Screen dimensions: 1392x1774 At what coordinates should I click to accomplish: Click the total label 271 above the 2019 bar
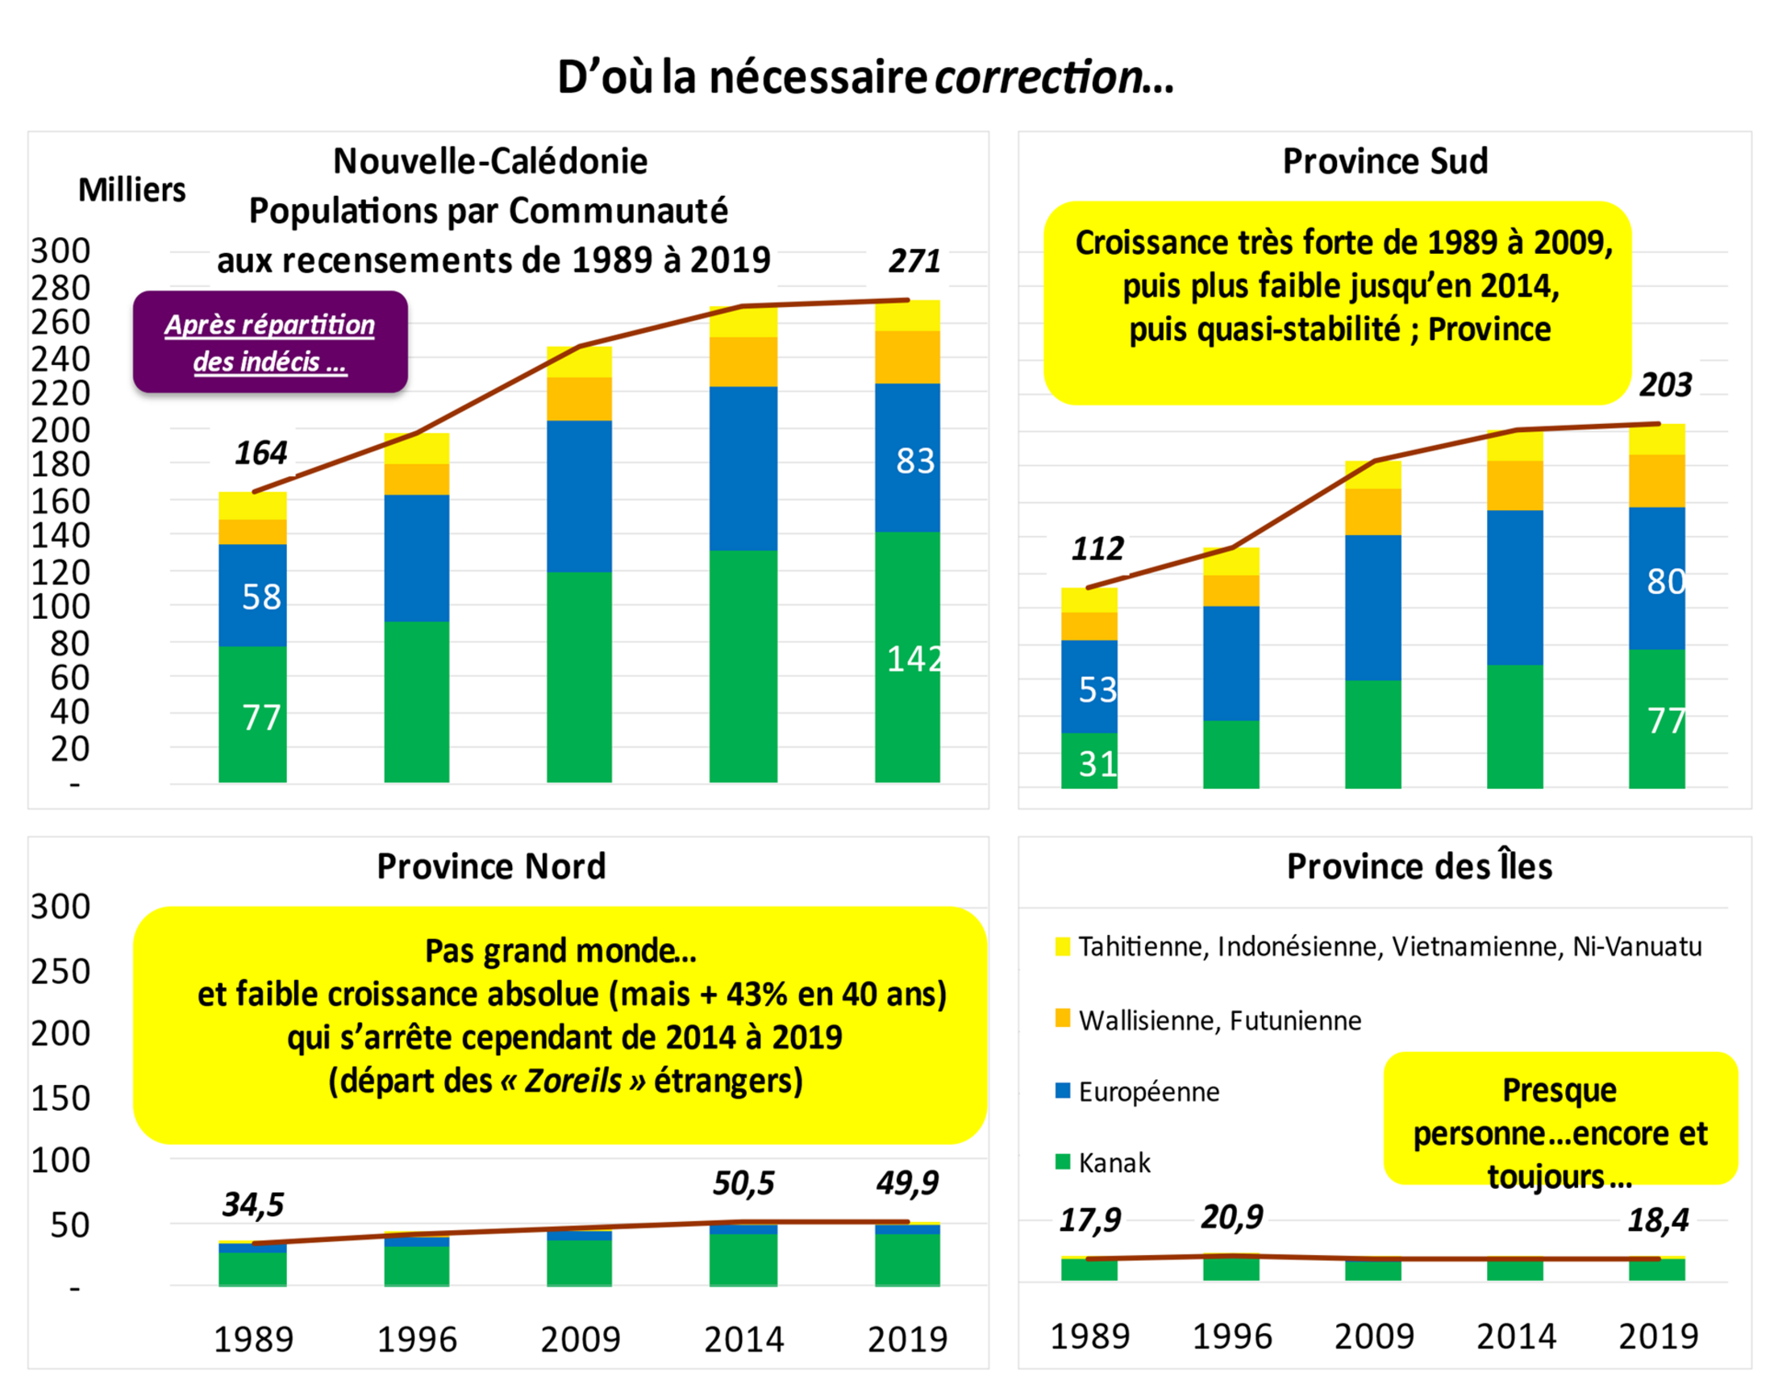coord(914,261)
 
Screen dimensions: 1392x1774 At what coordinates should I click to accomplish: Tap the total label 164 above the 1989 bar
coord(261,452)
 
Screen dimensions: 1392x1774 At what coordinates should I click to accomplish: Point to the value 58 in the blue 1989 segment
coord(261,596)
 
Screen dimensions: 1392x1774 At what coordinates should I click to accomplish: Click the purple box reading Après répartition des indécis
coord(270,343)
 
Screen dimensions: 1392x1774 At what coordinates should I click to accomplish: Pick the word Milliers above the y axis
coord(131,190)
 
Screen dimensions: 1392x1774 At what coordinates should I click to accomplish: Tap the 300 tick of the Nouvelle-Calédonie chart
coord(60,250)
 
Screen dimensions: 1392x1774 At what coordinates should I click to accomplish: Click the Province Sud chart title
coord(1385,160)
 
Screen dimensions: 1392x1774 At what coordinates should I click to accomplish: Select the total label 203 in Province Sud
coord(1665,384)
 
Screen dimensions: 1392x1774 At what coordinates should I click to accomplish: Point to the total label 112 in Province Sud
coord(1097,548)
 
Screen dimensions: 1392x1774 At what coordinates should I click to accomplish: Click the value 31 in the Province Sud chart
coord(1097,763)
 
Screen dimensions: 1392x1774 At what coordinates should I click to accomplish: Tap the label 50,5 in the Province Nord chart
coord(743,1183)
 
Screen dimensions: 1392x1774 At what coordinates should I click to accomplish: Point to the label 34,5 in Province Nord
coord(252,1204)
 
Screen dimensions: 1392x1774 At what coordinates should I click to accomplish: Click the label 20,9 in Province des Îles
coord(1231,1217)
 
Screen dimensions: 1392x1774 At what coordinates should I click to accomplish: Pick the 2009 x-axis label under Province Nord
coord(580,1339)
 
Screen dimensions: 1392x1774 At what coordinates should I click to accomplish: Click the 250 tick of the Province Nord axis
coord(60,971)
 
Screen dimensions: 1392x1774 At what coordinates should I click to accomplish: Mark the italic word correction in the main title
coord(1039,77)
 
